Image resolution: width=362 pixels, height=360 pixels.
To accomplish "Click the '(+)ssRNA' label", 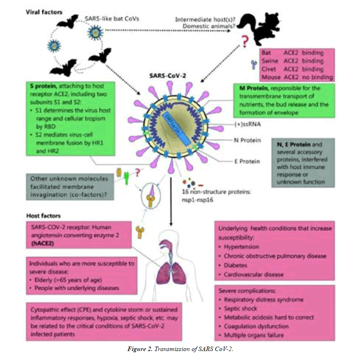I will [x=251, y=125].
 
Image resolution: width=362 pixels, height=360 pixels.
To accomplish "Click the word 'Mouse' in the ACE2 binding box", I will [x=271, y=77].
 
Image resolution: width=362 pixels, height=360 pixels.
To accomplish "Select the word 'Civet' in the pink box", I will [x=270, y=69].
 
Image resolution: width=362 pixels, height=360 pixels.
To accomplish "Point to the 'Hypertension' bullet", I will [x=243, y=247].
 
